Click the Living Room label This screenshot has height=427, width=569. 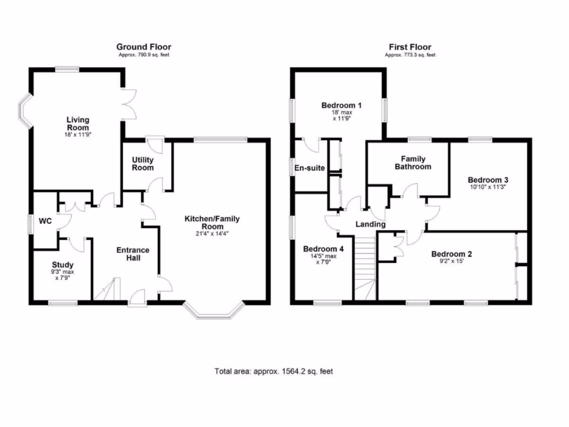point(78,123)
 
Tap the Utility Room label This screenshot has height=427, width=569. point(143,163)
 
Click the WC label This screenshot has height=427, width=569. point(45,221)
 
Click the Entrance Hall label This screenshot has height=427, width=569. point(132,254)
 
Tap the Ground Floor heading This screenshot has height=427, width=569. point(143,47)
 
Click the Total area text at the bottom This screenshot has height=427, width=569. point(273,371)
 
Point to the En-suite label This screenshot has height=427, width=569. point(309,168)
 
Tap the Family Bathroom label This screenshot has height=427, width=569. point(412,162)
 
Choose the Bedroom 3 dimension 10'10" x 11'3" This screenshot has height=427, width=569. point(487,187)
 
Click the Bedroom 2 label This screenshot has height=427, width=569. point(452,255)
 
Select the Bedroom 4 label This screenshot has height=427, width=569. point(323,249)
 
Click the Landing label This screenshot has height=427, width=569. point(371,224)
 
